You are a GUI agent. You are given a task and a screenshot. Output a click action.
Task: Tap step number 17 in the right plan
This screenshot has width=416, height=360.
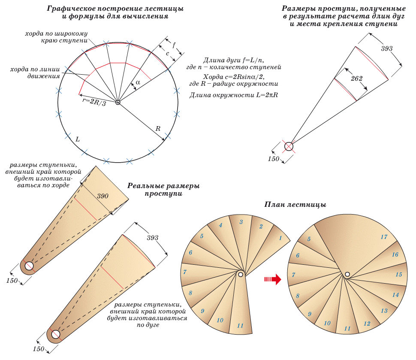click(x=384, y=237)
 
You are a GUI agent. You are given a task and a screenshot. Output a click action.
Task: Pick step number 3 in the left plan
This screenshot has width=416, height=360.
click(x=241, y=221)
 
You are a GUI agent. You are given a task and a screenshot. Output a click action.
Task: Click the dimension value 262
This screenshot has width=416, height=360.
click(x=356, y=79)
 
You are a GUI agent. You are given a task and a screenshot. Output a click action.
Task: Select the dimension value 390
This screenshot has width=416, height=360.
click(x=102, y=196)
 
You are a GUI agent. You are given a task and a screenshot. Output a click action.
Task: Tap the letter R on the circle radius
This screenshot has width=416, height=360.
click(x=158, y=128)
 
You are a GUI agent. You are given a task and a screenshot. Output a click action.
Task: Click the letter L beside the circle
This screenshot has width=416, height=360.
click(x=77, y=139)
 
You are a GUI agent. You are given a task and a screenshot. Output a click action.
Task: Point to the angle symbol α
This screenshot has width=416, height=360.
click(x=138, y=82)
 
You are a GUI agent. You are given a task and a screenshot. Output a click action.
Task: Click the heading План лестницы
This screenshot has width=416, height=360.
click(x=295, y=205)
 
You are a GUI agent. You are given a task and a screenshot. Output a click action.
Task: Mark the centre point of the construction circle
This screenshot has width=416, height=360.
click(x=118, y=102)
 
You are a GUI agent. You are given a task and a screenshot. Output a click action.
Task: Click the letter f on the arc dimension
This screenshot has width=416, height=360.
click(x=174, y=44)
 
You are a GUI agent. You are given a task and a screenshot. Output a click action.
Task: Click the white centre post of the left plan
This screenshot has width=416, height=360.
click(x=241, y=274)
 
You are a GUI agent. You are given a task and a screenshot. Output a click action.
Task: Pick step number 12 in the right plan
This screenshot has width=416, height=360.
click(x=367, y=323)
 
